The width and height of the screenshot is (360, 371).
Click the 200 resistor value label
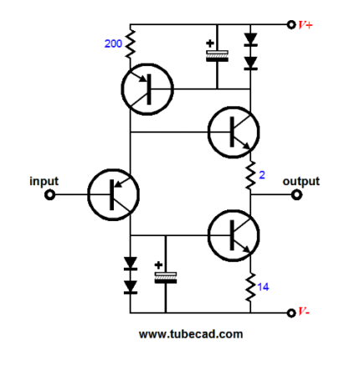tap(113, 44)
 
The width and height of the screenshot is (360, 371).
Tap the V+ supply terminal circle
tap(291, 24)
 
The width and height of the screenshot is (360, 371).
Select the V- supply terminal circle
tap(291, 313)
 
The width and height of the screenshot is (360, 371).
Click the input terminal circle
tap(49, 194)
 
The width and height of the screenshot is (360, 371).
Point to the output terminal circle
tap(296, 194)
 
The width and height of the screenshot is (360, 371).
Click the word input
tap(44, 181)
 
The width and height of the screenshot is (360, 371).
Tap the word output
tap(301, 181)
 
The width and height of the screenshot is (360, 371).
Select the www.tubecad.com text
tap(191, 334)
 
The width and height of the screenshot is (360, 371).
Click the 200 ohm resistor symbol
tap(130, 44)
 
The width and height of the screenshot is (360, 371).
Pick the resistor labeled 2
tap(250, 175)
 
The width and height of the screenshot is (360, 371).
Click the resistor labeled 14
tap(250, 287)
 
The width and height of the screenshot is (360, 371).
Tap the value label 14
tap(263, 287)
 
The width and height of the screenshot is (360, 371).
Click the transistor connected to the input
tap(113, 194)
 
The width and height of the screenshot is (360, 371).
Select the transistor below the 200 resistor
tap(147, 89)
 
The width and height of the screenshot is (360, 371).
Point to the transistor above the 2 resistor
tap(234, 131)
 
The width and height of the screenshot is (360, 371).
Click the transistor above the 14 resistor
tap(234, 235)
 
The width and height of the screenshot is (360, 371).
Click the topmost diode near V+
tap(250, 39)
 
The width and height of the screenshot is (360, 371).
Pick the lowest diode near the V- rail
tap(131, 287)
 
